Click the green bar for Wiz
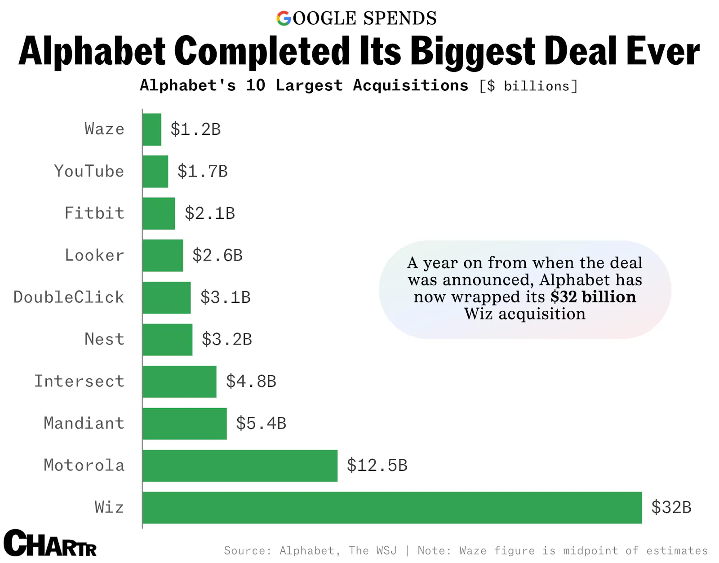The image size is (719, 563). pyautogui.click(x=392, y=507)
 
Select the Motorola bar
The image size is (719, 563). pyautogui.click(x=240, y=465)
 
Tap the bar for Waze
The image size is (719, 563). pyautogui.click(x=152, y=129)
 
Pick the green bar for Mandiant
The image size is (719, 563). pyautogui.click(x=185, y=423)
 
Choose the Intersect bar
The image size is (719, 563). pyautogui.click(x=179, y=381)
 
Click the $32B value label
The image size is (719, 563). pyautogui.click(x=671, y=507)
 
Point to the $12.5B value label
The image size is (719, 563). pyautogui.click(x=377, y=465)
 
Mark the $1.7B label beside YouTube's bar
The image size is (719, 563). pyautogui.click(x=202, y=171)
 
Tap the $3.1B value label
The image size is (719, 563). pyautogui.click(x=225, y=297)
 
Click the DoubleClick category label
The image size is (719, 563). pyautogui.click(x=69, y=297)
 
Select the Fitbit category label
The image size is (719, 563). pyautogui.click(x=94, y=213)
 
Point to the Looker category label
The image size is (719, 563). pyautogui.click(x=94, y=255)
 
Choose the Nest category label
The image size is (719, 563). pyautogui.click(x=104, y=339)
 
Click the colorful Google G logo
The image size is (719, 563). pyautogui.click(x=284, y=18)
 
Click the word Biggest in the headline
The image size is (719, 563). pyautogui.click(x=473, y=52)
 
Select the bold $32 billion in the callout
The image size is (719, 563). pyautogui.click(x=593, y=297)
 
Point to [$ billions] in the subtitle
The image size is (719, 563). pyautogui.click(x=528, y=86)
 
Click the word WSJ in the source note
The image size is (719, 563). pyautogui.click(x=386, y=550)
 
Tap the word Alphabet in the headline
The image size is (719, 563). pyautogui.click(x=92, y=52)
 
